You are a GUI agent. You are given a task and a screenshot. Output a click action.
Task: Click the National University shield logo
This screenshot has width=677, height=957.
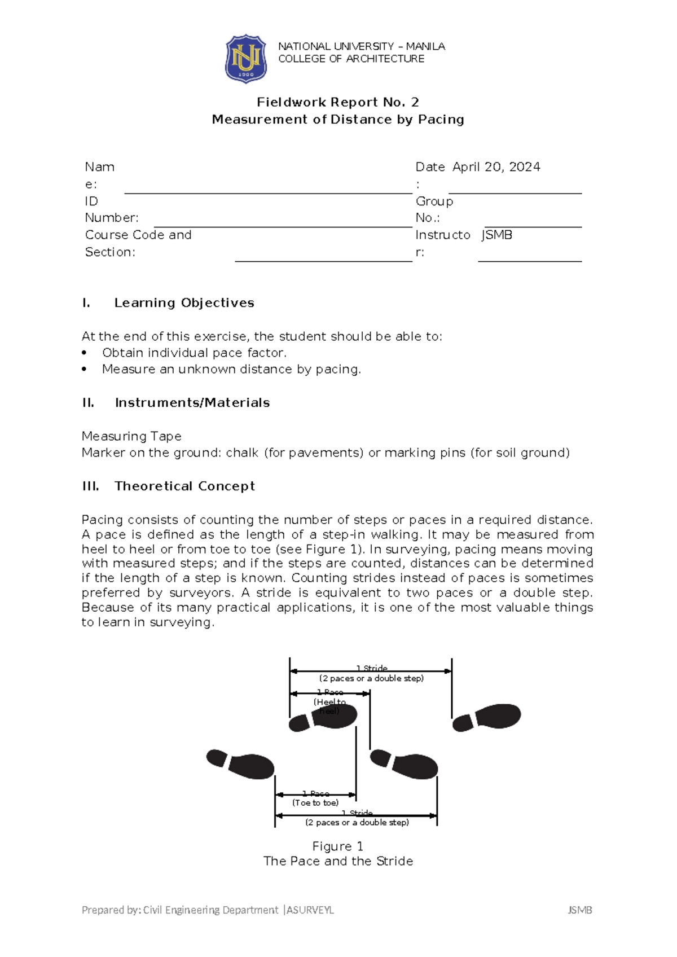point(245,59)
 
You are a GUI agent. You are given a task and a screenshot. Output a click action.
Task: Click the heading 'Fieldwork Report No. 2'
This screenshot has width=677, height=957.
point(337,102)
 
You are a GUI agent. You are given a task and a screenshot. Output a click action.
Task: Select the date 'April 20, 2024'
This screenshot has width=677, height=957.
point(496,167)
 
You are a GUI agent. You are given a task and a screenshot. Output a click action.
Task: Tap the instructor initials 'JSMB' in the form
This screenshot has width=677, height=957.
point(497,235)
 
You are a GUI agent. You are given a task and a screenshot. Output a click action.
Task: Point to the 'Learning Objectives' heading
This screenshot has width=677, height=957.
point(184,303)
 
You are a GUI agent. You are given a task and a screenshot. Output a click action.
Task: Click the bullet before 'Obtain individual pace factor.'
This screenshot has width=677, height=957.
point(85,353)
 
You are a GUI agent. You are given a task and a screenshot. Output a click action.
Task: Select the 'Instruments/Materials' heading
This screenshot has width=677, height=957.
point(192,403)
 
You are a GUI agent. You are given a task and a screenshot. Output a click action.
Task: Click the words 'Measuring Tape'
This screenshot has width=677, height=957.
point(131,436)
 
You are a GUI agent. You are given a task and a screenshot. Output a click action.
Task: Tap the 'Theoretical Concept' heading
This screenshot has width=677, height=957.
point(184,486)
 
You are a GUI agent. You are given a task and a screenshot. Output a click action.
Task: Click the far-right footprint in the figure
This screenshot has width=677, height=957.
point(487,718)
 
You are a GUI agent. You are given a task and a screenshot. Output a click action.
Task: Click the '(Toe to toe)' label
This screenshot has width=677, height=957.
point(315,803)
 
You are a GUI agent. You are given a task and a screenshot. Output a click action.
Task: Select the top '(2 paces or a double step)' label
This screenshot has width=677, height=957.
point(371,678)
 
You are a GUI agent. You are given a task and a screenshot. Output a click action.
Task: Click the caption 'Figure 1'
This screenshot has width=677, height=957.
point(337,846)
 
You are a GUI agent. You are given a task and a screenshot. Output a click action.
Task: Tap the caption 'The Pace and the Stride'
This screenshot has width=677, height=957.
point(337,861)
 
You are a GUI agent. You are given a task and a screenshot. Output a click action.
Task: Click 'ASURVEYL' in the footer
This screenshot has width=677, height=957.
point(310,910)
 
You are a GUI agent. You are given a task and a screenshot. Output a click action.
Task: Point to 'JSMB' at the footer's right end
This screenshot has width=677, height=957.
point(579,910)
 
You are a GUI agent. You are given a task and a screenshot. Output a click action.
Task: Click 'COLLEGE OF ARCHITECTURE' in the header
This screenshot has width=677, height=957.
point(351,59)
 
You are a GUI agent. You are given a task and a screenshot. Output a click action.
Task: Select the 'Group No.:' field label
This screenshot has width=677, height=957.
point(434,209)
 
